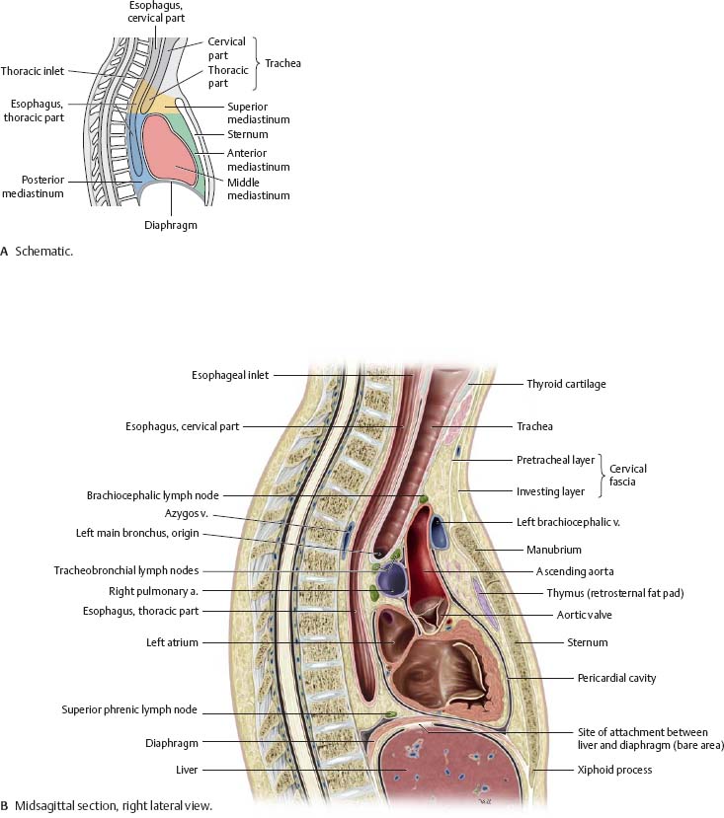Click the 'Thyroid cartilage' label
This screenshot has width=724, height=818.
tap(566, 384)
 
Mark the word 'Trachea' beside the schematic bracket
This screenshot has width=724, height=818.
tap(282, 63)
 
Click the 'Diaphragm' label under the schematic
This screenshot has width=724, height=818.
tap(171, 224)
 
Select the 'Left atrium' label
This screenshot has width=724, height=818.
tap(173, 642)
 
